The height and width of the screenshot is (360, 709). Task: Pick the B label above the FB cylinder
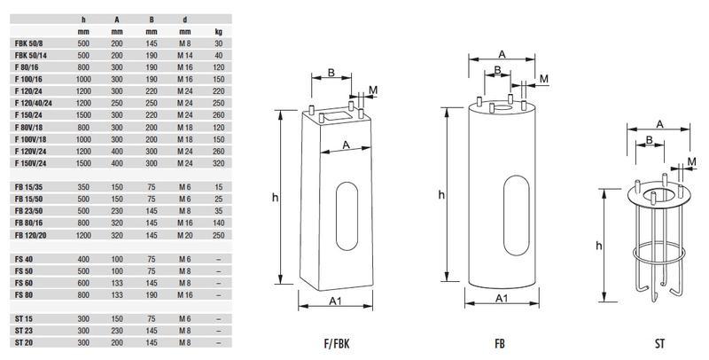point(499,69)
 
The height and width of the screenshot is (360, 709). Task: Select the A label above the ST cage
point(660,123)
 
